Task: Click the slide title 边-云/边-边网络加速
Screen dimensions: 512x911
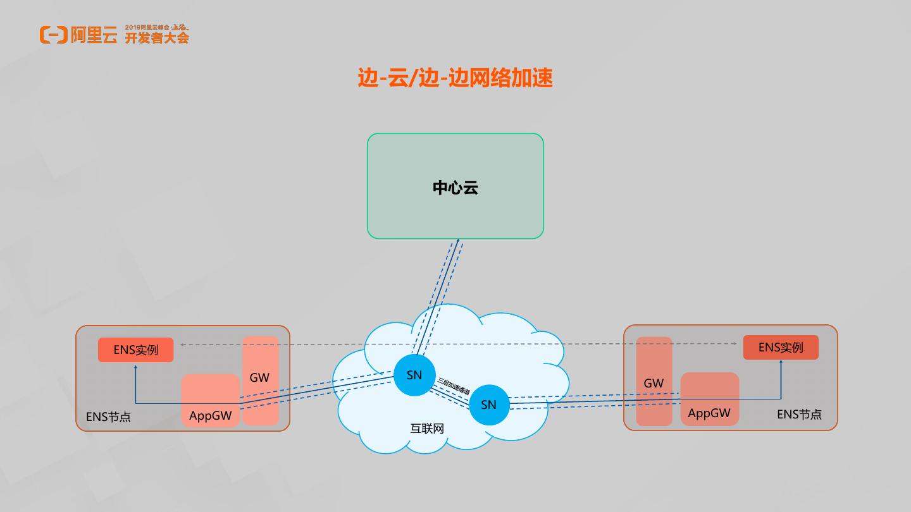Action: coord(455,78)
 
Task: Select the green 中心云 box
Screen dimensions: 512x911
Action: coord(455,186)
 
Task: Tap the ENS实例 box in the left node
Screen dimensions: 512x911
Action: coord(135,350)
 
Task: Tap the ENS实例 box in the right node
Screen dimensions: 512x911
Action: coord(780,347)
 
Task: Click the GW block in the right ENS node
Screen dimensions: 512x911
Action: coord(654,382)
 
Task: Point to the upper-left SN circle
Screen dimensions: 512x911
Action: coord(414,375)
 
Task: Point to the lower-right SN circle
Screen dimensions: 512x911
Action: coord(489,405)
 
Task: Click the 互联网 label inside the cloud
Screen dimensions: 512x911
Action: coord(427,429)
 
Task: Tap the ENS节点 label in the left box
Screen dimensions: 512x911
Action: coord(108,417)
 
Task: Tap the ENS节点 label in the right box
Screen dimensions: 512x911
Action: coord(799,414)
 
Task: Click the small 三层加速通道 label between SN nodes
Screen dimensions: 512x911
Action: coord(454,386)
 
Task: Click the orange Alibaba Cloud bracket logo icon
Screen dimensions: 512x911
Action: coord(53,35)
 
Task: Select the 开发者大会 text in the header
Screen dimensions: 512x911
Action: coord(157,38)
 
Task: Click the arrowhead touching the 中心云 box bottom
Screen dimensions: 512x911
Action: coord(457,241)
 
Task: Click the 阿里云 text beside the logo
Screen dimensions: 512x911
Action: coord(94,35)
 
